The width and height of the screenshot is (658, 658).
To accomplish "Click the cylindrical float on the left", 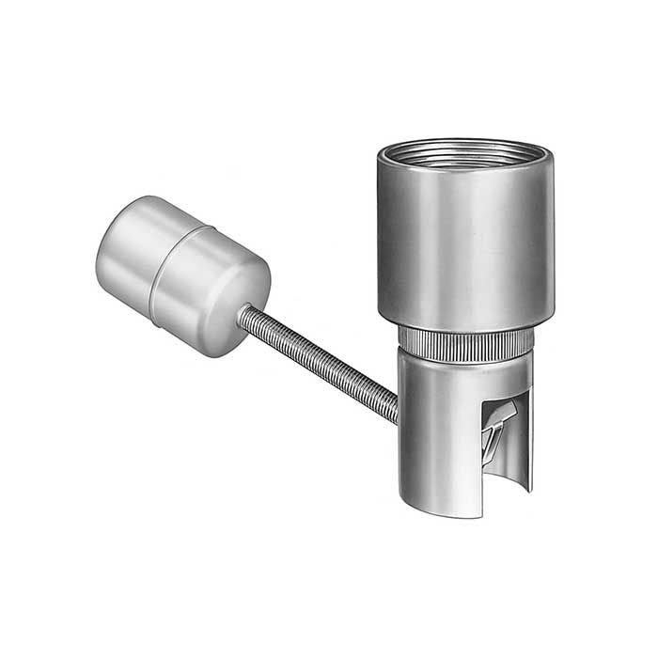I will click(x=183, y=273).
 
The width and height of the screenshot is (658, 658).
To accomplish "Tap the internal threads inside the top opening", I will click(x=465, y=150).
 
